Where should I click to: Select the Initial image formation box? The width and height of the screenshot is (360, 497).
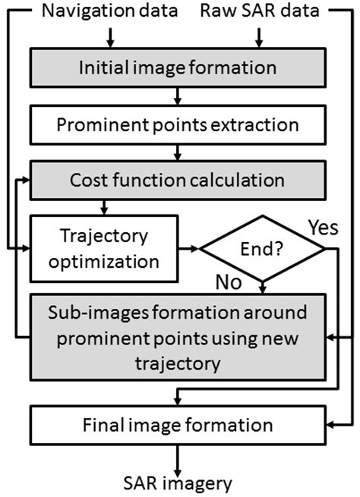(177, 68)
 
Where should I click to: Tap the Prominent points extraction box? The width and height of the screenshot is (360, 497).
(177, 124)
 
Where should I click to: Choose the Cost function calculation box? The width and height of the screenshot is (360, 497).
(177, 181)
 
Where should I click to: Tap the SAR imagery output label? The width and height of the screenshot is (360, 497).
(177, 482)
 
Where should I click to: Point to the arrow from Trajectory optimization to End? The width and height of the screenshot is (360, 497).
(191, 249)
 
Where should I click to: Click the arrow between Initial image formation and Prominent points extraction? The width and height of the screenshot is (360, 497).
(177, 96)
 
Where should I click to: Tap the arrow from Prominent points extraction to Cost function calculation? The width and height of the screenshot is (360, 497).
(177, 153)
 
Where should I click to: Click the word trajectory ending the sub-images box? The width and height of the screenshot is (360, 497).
(177, 363)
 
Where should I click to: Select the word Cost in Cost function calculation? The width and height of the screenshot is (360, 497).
(88, 181)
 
